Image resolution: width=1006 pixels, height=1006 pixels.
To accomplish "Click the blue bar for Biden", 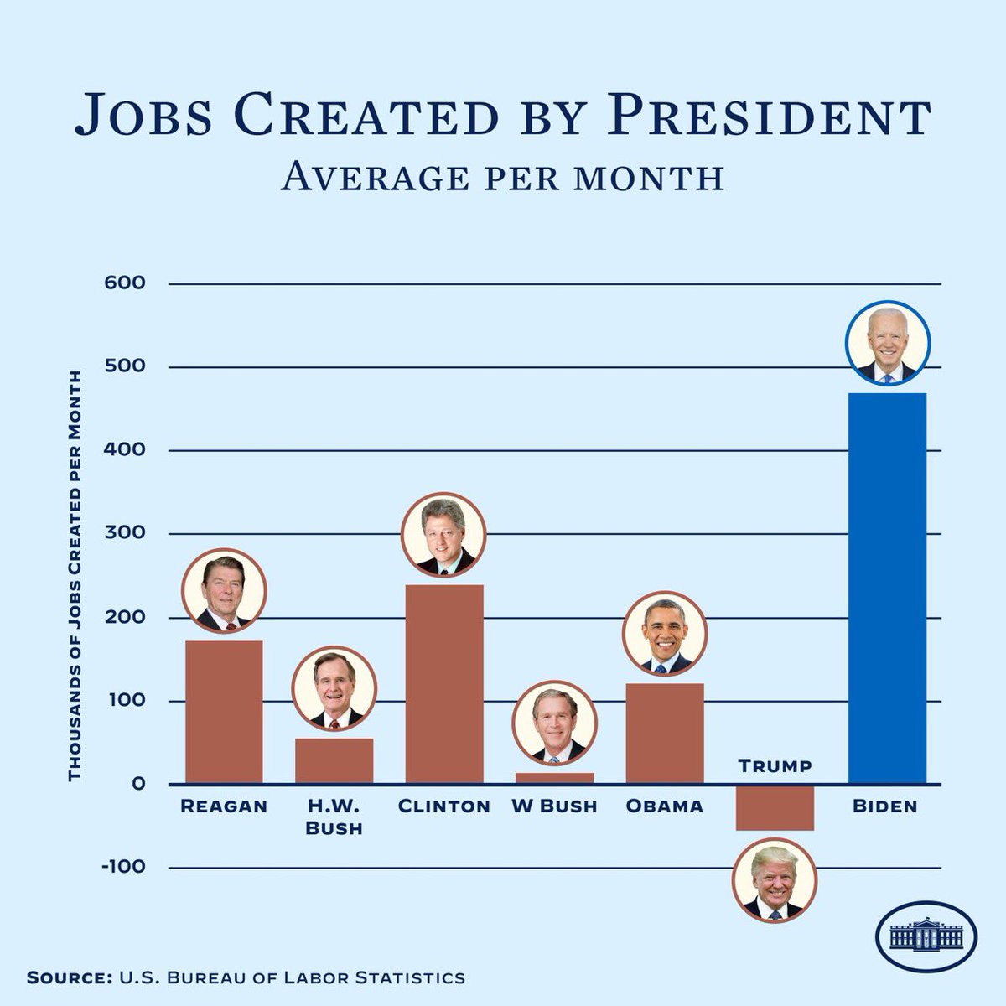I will (x=887, y=588).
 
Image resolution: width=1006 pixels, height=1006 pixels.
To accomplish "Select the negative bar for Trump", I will (x=775, y=807).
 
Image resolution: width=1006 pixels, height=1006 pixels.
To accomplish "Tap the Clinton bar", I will (x=444, y=684).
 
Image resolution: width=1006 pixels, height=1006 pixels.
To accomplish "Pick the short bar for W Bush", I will (x=554, y=778).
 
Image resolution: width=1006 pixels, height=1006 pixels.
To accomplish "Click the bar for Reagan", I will (x=224, y=712).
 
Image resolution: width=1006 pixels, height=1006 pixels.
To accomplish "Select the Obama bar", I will (x=665, y=734).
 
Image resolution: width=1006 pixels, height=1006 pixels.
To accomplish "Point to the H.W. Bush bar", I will (x=334, y=761).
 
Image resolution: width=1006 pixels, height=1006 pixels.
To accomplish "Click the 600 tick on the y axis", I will (x=125, y=283).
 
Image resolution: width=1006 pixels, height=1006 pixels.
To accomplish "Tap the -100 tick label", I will (x=124, y=867).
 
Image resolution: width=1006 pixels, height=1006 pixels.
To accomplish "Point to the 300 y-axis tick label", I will (x=125, y=533).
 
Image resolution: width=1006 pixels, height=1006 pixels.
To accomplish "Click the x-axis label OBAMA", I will (x=664, y=806).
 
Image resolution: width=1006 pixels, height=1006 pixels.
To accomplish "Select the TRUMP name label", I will (x=775, y=766).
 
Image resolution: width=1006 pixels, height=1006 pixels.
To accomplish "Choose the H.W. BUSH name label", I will (x=334, y=817).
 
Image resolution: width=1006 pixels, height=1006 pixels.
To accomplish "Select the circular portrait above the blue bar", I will (x=887, y=343).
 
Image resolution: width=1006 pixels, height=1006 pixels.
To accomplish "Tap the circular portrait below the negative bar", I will (x=774, y=880).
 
